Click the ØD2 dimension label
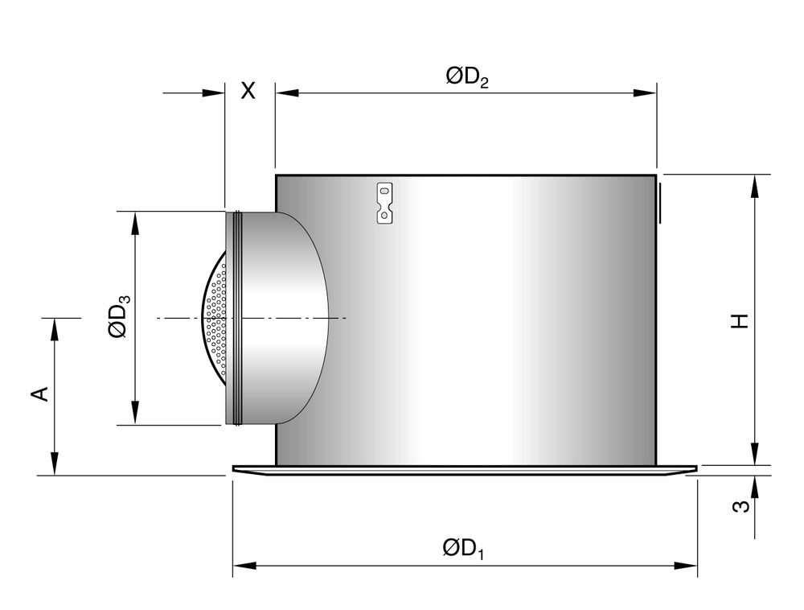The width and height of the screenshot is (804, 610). point(467,78)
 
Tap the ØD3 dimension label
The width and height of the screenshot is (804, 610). point(120,318)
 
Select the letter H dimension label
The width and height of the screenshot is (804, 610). point(740,320)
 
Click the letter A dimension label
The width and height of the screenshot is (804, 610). point(41,394)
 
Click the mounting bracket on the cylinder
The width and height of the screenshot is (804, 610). point(385,203)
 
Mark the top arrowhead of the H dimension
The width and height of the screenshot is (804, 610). point(755,186)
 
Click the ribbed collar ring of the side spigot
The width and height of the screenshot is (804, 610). point(234,318)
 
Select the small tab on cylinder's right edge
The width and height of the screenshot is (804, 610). point(660,203)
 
